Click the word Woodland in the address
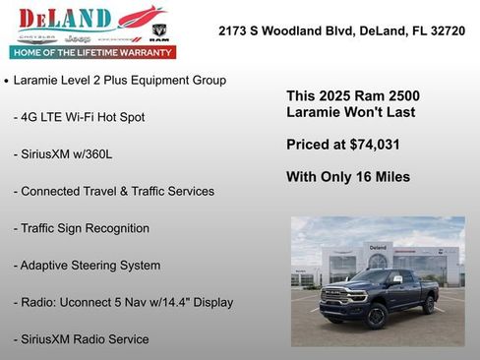click(x=305, y=31)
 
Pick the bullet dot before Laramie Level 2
click(x=7, y=81)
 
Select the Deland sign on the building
click(x=379, y=247)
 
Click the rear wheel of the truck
click(x=429, y=305)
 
